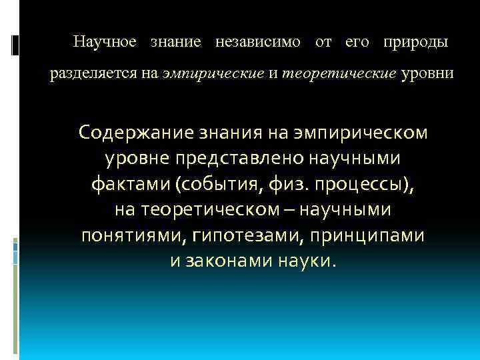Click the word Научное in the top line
(x=105, y=42)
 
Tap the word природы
(x=415, y=42)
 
